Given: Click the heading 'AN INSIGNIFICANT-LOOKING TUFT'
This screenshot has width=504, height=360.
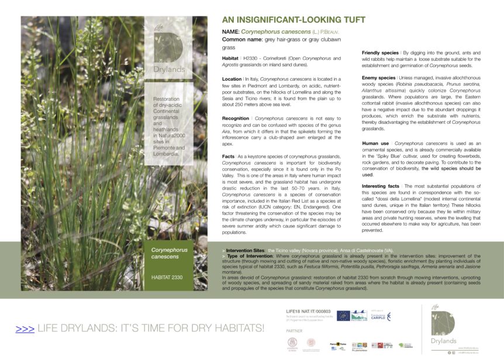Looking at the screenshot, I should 293,19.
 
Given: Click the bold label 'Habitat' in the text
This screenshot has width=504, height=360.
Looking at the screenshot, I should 230,58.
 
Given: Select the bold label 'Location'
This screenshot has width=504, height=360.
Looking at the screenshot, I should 232,78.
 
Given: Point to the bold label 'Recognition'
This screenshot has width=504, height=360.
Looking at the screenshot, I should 235,118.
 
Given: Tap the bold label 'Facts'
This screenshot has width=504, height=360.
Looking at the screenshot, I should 228,157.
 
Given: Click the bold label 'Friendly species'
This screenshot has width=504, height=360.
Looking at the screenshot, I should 379,53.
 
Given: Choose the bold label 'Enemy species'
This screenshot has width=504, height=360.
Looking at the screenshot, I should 378,78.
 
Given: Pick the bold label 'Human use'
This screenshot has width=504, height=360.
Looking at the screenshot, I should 375,143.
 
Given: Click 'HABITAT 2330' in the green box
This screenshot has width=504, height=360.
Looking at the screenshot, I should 167,277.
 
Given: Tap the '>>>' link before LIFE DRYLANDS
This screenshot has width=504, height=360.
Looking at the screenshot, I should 25,329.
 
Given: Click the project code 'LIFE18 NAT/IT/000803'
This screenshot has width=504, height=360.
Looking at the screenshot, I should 308,311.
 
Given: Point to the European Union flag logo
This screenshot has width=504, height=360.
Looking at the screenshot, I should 343,316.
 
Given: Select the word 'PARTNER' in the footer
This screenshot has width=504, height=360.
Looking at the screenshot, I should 294,330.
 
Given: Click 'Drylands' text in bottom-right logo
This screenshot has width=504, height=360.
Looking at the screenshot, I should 444,341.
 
